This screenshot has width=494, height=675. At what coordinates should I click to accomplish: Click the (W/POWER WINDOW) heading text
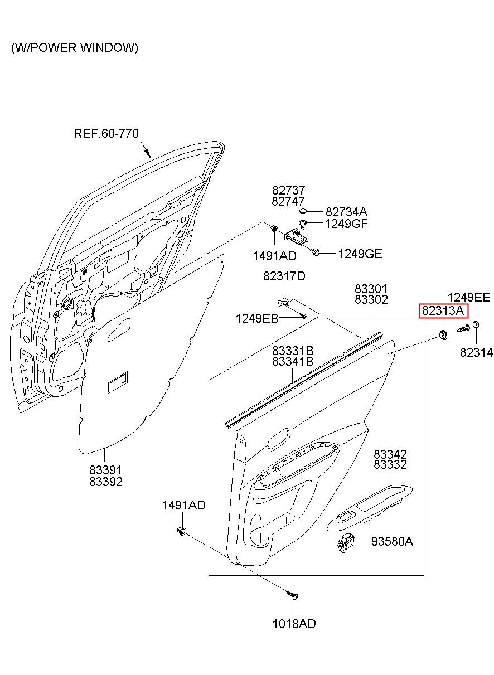75,47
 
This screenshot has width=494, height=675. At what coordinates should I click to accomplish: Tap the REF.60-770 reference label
106,133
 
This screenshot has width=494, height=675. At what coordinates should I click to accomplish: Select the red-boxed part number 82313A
443,310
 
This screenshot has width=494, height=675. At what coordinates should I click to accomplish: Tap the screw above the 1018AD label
293,595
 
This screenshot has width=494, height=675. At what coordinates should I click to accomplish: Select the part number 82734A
346,212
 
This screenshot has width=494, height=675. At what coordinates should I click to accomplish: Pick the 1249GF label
346,224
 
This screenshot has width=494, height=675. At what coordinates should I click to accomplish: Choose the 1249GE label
360,254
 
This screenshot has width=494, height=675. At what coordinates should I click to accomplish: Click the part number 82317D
284,276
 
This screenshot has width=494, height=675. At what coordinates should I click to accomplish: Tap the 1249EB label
257,318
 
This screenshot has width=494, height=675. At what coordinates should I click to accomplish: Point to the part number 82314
477,353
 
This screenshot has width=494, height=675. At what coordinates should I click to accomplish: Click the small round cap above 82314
475,325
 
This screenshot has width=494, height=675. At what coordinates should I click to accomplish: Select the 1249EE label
469,298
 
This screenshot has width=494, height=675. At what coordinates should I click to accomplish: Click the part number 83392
106,482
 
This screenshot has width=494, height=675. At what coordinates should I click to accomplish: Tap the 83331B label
293,351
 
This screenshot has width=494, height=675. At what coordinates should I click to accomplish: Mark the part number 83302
371,299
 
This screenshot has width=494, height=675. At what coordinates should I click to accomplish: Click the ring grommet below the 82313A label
443,334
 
